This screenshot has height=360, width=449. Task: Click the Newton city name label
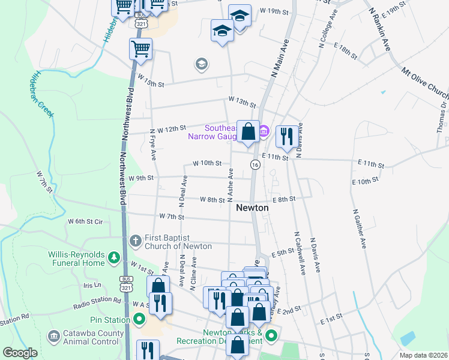pos(252,208)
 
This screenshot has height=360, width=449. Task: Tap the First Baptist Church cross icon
pos(136,241)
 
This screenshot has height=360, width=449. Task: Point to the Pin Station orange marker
pos(140,320)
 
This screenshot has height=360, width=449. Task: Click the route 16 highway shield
pos(255,165)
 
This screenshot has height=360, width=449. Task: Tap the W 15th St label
pos(150,83)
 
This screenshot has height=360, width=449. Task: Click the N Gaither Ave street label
pos(360,229)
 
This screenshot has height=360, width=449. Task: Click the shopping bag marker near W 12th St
pos(248,131)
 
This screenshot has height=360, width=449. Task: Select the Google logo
pos(20,353)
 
